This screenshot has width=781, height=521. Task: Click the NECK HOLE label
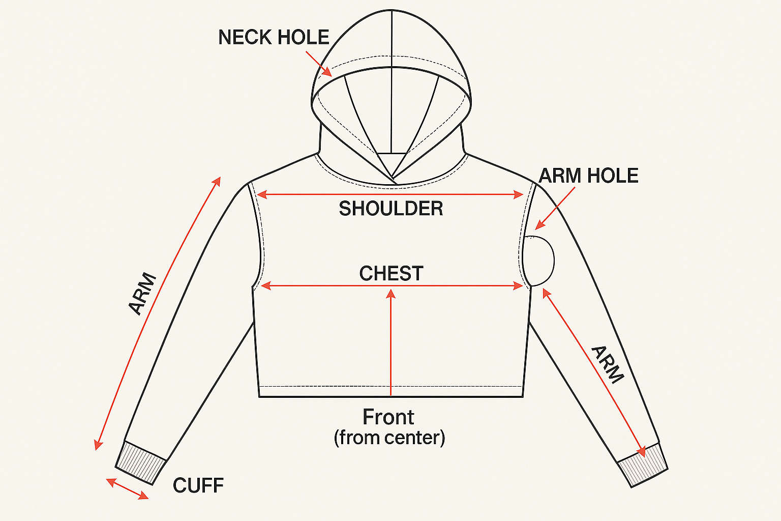click(x=274, y=38)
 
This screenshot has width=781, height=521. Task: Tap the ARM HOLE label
click(x=588, y=176)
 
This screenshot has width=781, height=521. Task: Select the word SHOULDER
click(x=390, y=209)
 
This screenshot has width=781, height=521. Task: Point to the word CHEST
click(x=391, y=274)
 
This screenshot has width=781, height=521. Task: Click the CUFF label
click(x=198, y=486)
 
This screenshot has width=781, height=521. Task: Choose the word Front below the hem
click(x=388, y=417)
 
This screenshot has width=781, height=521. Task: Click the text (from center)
click(x=389, y=438)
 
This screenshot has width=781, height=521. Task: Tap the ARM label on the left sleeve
click(x=142, y=294)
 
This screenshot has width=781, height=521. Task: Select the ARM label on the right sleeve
click(x=608, y=364)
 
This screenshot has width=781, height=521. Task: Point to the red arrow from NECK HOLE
click(x=319, y=64)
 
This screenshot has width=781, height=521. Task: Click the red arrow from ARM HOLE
click(x=555, y=208)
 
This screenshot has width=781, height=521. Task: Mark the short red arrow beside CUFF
click(x=127, y=489)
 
